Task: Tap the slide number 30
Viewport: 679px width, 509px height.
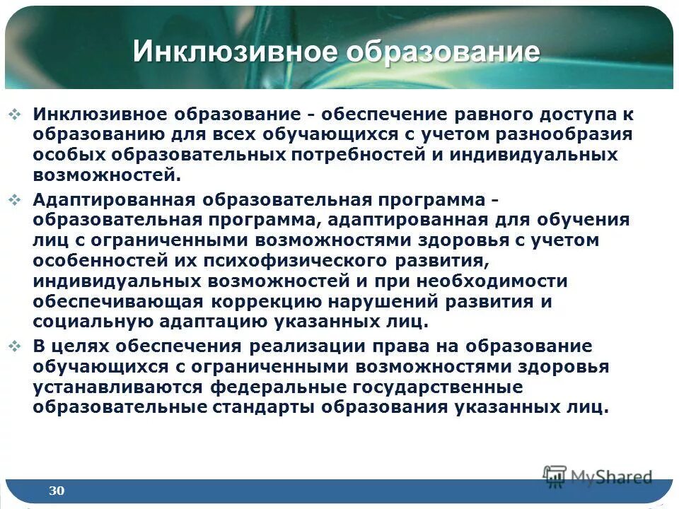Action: pyautogui.click(x=57, y=490)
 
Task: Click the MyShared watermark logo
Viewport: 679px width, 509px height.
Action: pyautogui.click(x=598, y=476)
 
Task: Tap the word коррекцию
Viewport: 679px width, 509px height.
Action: pyautogui.click(x=277, y=301)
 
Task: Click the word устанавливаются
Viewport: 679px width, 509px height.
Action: pyautogui.click(x=117, y=387)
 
